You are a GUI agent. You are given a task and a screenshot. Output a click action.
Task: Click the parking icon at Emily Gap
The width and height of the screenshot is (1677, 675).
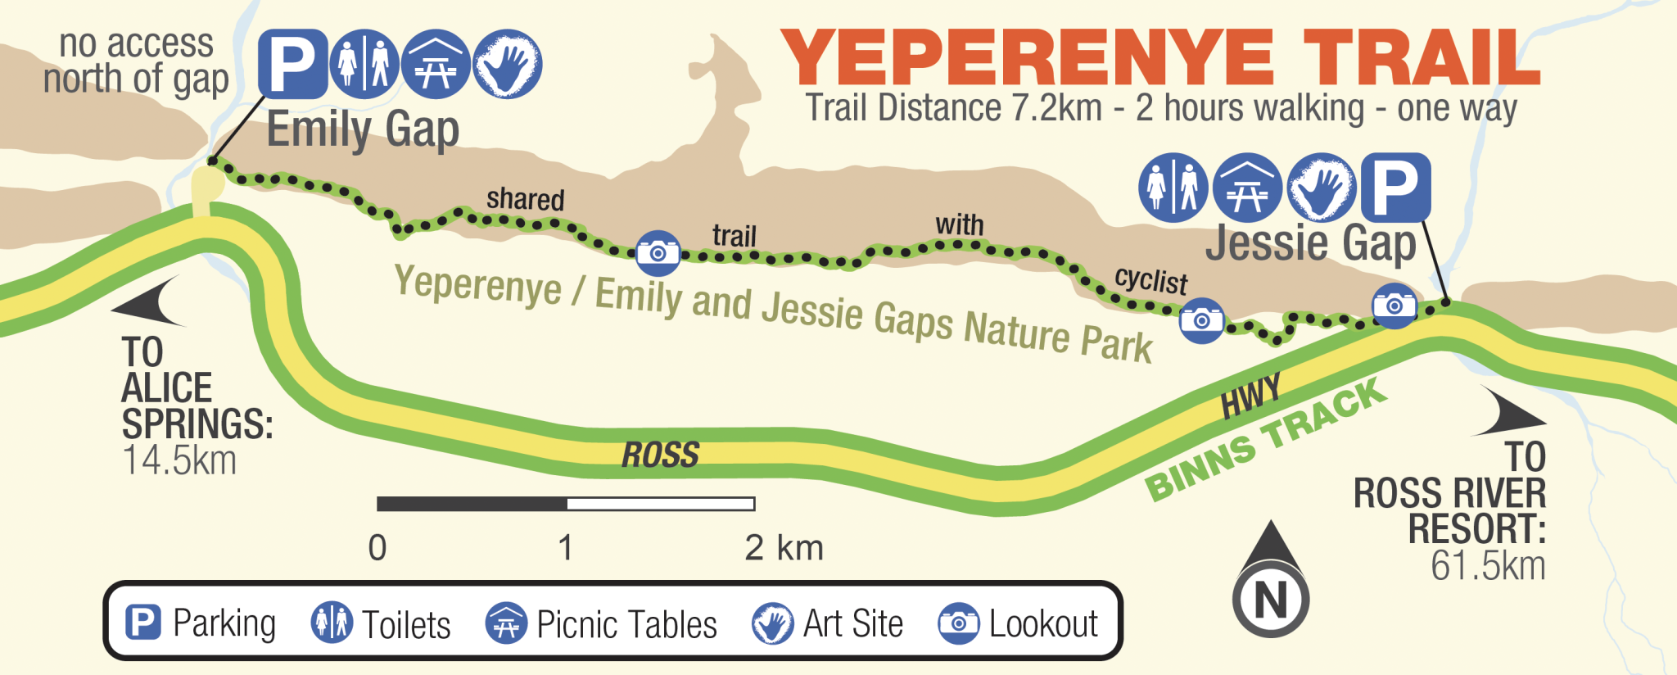tap(292, 64)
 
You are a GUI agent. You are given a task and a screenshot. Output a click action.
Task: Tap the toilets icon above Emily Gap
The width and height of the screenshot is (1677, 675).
tap(364, 64)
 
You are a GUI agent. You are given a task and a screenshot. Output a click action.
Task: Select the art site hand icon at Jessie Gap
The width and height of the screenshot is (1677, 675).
tap(1321, 188)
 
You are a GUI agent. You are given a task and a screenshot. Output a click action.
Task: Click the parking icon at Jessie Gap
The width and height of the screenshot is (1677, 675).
tap(1395, 188)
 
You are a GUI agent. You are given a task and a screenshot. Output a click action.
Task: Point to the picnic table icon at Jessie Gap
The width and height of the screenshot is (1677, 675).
tap(1247, 188)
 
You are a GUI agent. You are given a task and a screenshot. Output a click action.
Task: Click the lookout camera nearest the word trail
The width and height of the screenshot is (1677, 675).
tap(658, 252)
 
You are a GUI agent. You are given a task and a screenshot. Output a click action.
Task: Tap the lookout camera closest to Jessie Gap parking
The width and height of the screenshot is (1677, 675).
tap(1394, 306)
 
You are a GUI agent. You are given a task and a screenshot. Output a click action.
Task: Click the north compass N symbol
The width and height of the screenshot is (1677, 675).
tap(1271, 600)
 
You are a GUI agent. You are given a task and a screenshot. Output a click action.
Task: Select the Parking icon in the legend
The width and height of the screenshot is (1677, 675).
tap(142, 623)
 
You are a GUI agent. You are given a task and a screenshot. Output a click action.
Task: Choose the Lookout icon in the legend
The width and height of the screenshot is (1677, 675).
tap(958, 623)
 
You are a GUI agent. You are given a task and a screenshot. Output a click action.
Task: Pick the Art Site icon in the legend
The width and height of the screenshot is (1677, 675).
tap(772, 623)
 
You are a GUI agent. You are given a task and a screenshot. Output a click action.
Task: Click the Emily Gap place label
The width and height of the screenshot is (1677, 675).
tap(363, 129)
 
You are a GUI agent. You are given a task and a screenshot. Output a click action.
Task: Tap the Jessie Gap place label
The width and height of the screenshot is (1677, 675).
tap(1310, 243)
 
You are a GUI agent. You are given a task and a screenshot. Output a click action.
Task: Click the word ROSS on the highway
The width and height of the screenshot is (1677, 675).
tap(660, 455)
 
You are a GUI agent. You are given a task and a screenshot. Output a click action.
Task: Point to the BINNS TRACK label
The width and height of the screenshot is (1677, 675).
tap(1265, 440)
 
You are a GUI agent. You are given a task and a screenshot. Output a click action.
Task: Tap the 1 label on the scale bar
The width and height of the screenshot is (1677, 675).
tap(565, 547)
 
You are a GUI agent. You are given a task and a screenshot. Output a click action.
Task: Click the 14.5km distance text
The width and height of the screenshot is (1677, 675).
tap(179, 460)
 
